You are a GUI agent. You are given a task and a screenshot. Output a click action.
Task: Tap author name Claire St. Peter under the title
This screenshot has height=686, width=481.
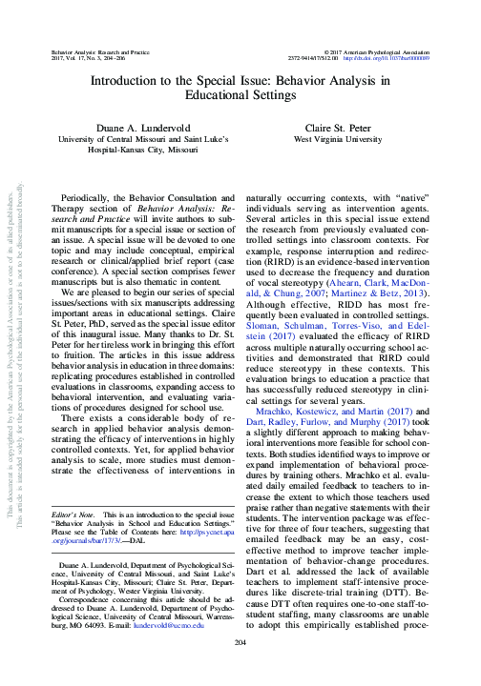pos(345,127)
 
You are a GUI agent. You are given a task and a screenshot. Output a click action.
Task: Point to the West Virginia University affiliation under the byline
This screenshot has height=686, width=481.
pos(345,139)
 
